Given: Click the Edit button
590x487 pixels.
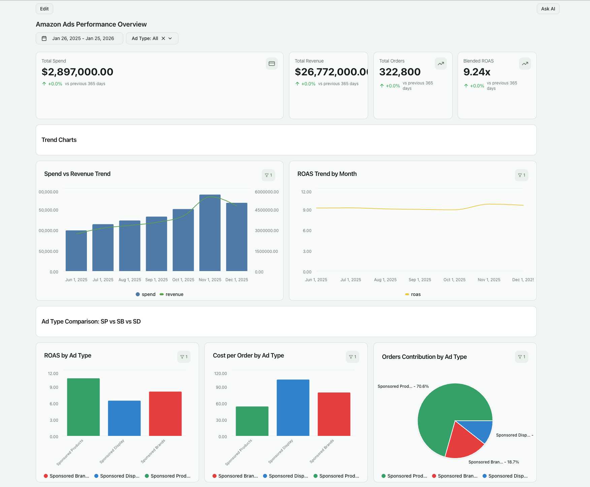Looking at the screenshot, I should tap(44, 9).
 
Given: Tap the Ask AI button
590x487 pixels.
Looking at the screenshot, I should tap(548, 9).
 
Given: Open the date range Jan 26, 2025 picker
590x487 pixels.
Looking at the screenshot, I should tap(79, 38).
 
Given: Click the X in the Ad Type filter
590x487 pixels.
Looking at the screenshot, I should tap(163, 38).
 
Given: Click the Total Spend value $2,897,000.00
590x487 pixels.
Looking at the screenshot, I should tap(77, 72).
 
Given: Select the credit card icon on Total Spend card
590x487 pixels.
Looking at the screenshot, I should tap(272, 64).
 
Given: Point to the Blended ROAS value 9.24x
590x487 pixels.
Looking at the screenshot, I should tap(477, 72).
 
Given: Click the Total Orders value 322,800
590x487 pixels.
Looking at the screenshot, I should tap(400, 72).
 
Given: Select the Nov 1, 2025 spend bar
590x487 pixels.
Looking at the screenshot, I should tap(210, 235).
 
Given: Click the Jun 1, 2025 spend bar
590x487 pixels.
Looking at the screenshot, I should tap(76, 252).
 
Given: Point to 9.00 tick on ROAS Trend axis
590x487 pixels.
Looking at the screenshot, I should tap(307, 210).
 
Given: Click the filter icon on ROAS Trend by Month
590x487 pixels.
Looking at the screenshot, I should tap(521, 175).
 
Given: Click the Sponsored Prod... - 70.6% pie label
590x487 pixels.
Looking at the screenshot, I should tap(403, 386).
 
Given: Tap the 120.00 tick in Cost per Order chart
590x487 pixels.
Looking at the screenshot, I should tap(221, 374).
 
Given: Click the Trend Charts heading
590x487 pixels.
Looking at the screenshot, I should tap(59, 140).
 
